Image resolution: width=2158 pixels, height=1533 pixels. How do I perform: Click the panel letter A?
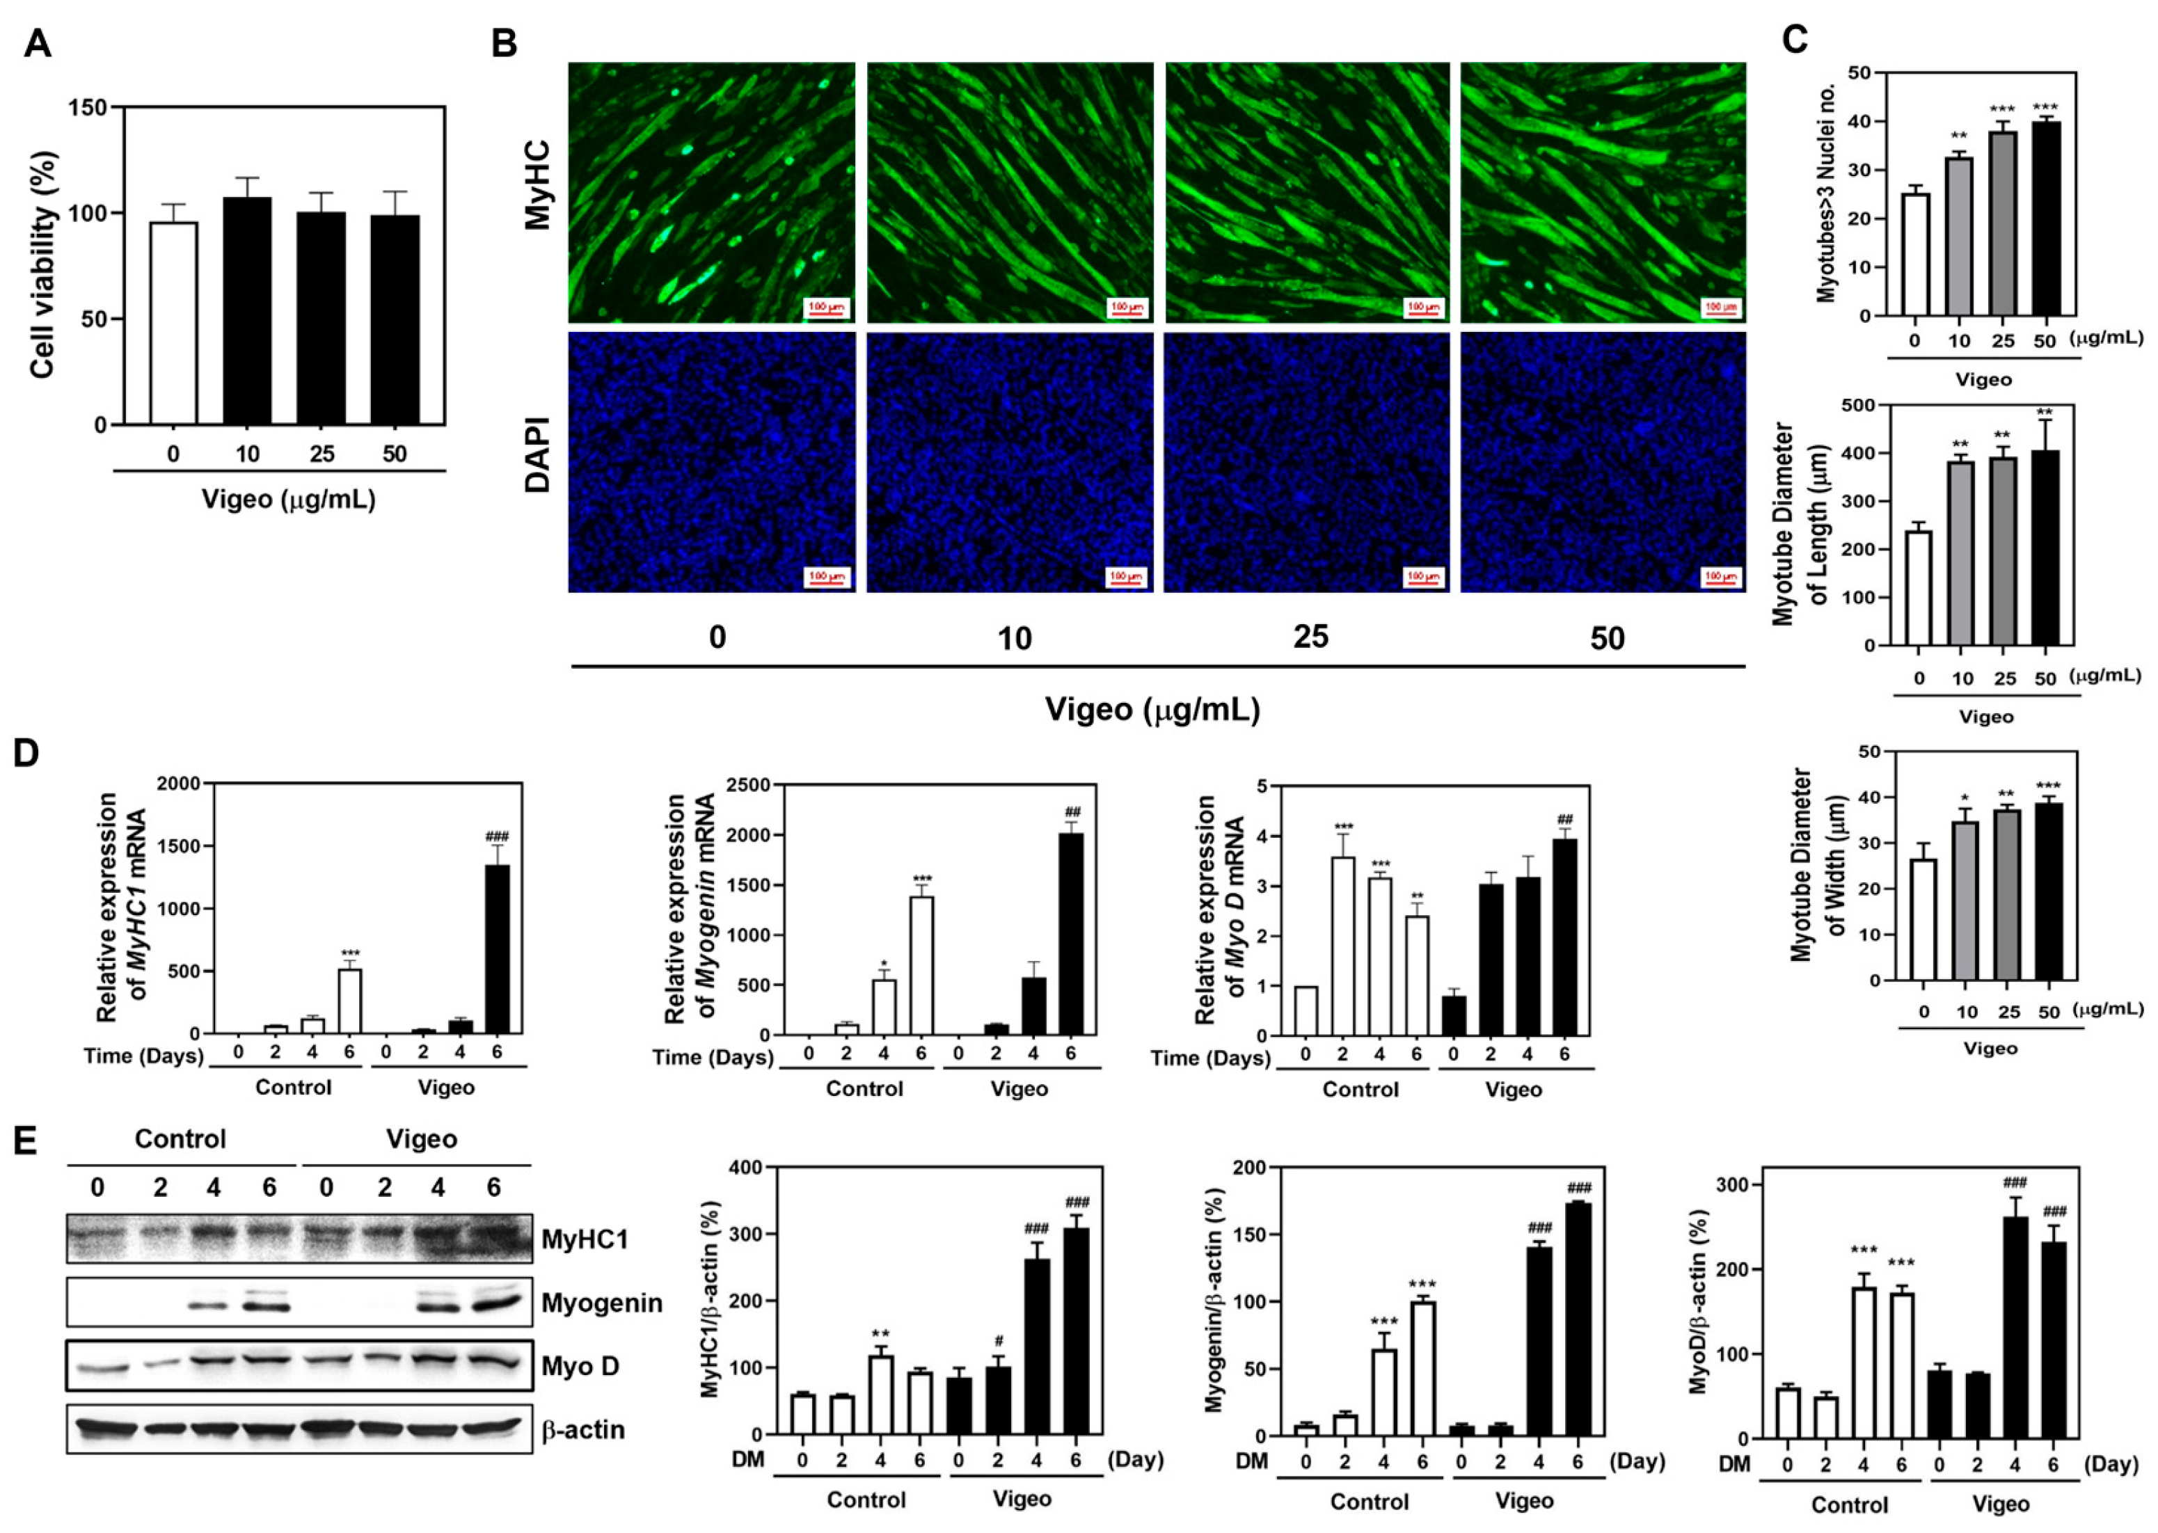[x=37, y=42]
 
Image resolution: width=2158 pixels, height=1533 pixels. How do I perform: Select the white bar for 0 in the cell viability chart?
[x=173, y=323]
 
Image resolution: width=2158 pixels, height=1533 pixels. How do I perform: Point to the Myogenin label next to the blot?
[x=601, y=1303]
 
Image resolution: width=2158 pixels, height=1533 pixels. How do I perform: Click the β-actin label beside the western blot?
[x=582, y=1429]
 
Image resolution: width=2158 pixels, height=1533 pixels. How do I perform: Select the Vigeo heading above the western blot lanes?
[x=421, y=1138]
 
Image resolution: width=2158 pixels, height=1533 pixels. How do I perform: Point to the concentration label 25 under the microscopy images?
[x=1310, y=637]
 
